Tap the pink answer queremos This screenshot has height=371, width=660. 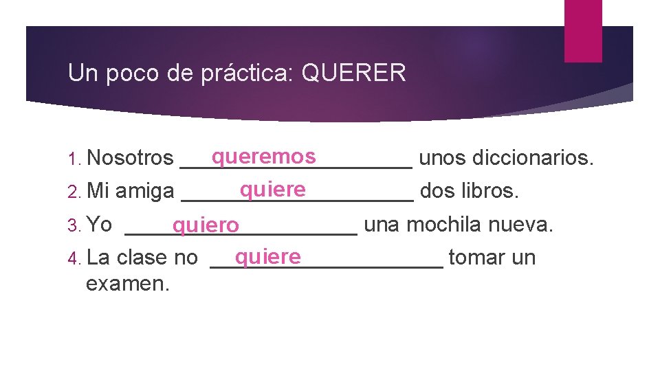pos(263,157)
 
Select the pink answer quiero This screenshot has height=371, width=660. pos(206,225)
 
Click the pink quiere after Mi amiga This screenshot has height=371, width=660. pos(272,188)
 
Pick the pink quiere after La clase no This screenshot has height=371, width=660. pos(267,257)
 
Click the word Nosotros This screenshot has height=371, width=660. pos(131,157)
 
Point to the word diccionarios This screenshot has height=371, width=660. pos(534,157)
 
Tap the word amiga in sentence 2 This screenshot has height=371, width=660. pos(144,191)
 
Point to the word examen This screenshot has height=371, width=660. pos(127,283)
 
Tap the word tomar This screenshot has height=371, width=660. pos(475,258)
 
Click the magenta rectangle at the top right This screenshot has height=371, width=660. pos(582,31)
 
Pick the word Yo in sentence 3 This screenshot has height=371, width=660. pos(100,224)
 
